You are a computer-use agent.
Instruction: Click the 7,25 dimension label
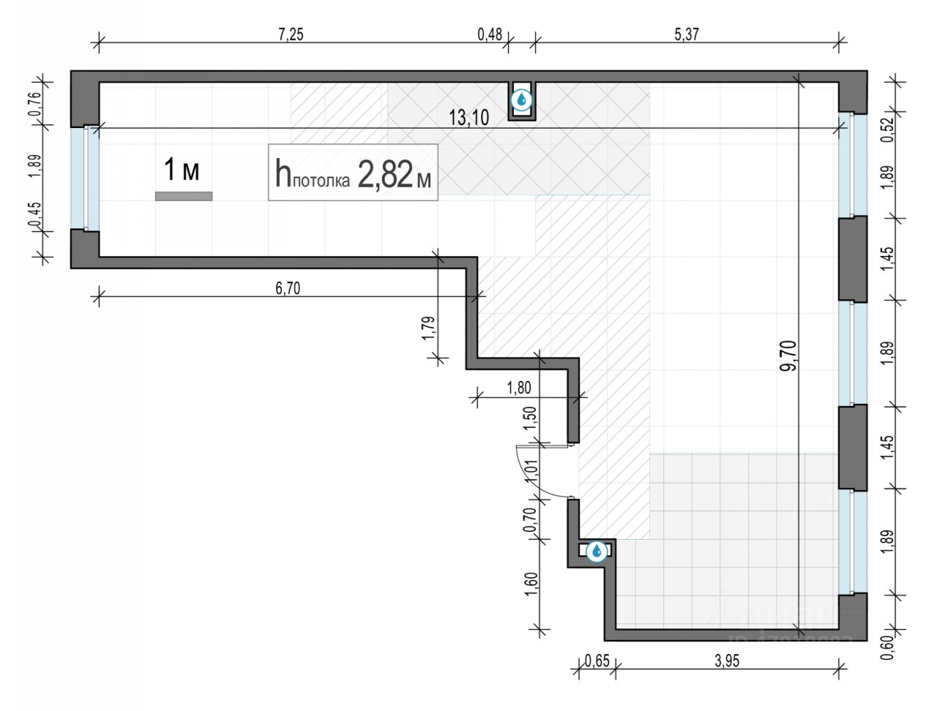point(291,36)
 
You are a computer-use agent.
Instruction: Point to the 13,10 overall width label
point(468,118)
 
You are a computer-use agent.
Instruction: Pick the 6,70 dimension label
point(288,287)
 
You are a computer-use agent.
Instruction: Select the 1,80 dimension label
point(518,388)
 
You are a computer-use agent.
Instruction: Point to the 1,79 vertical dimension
point(430,327)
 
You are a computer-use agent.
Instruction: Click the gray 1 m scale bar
point(183,196)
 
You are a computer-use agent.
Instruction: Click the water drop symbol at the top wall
point(521,99)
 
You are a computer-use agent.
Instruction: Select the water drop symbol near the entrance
point(597,551)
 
